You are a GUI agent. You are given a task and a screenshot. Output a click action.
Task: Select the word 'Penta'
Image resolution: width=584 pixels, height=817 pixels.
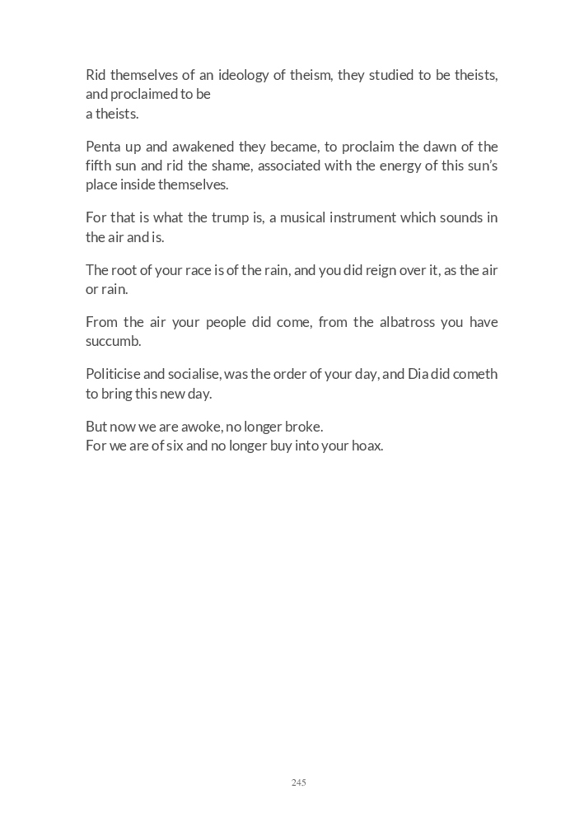click(103, 147)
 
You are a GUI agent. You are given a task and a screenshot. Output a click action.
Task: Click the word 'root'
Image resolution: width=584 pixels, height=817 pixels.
click(124, 271)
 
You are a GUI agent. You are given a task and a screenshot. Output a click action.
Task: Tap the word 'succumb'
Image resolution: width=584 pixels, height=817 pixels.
click(114, 342)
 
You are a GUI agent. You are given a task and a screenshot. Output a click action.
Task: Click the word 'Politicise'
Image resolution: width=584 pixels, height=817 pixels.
click(113, 375)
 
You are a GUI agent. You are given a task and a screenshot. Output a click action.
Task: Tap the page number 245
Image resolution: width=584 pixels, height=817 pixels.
click(298, 782)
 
